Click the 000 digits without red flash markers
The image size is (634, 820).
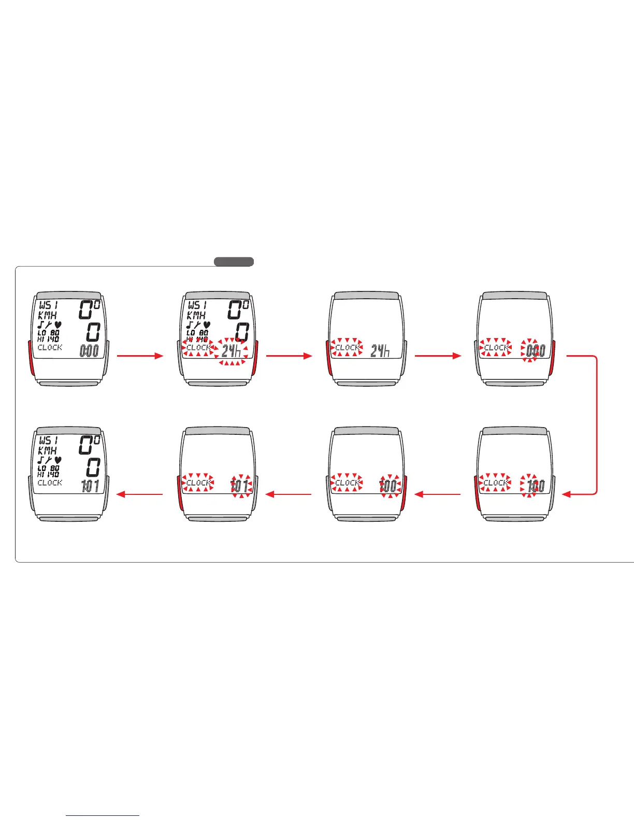89,351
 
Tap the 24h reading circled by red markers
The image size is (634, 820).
232,351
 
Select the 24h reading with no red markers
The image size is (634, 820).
380,351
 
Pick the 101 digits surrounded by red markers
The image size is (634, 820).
239,486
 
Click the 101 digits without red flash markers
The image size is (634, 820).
90,486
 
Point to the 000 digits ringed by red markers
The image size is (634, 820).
534,351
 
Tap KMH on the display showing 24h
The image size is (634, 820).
196,315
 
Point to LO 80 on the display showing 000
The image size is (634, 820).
48,333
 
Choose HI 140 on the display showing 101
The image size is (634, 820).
48,474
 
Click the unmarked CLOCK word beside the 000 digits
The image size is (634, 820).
50,347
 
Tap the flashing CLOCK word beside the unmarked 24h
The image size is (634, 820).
347,347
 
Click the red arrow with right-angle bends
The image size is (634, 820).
596,424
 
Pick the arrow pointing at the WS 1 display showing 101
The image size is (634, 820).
140,494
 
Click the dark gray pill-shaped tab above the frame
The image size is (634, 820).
234,261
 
